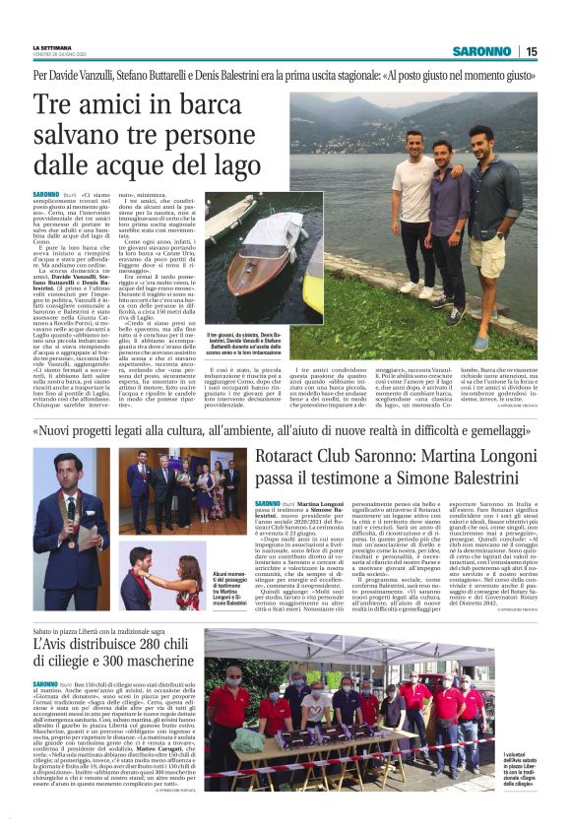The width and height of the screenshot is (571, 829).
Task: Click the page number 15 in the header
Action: tap(532, 51)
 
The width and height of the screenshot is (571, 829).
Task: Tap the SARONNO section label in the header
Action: tap(482, 51)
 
